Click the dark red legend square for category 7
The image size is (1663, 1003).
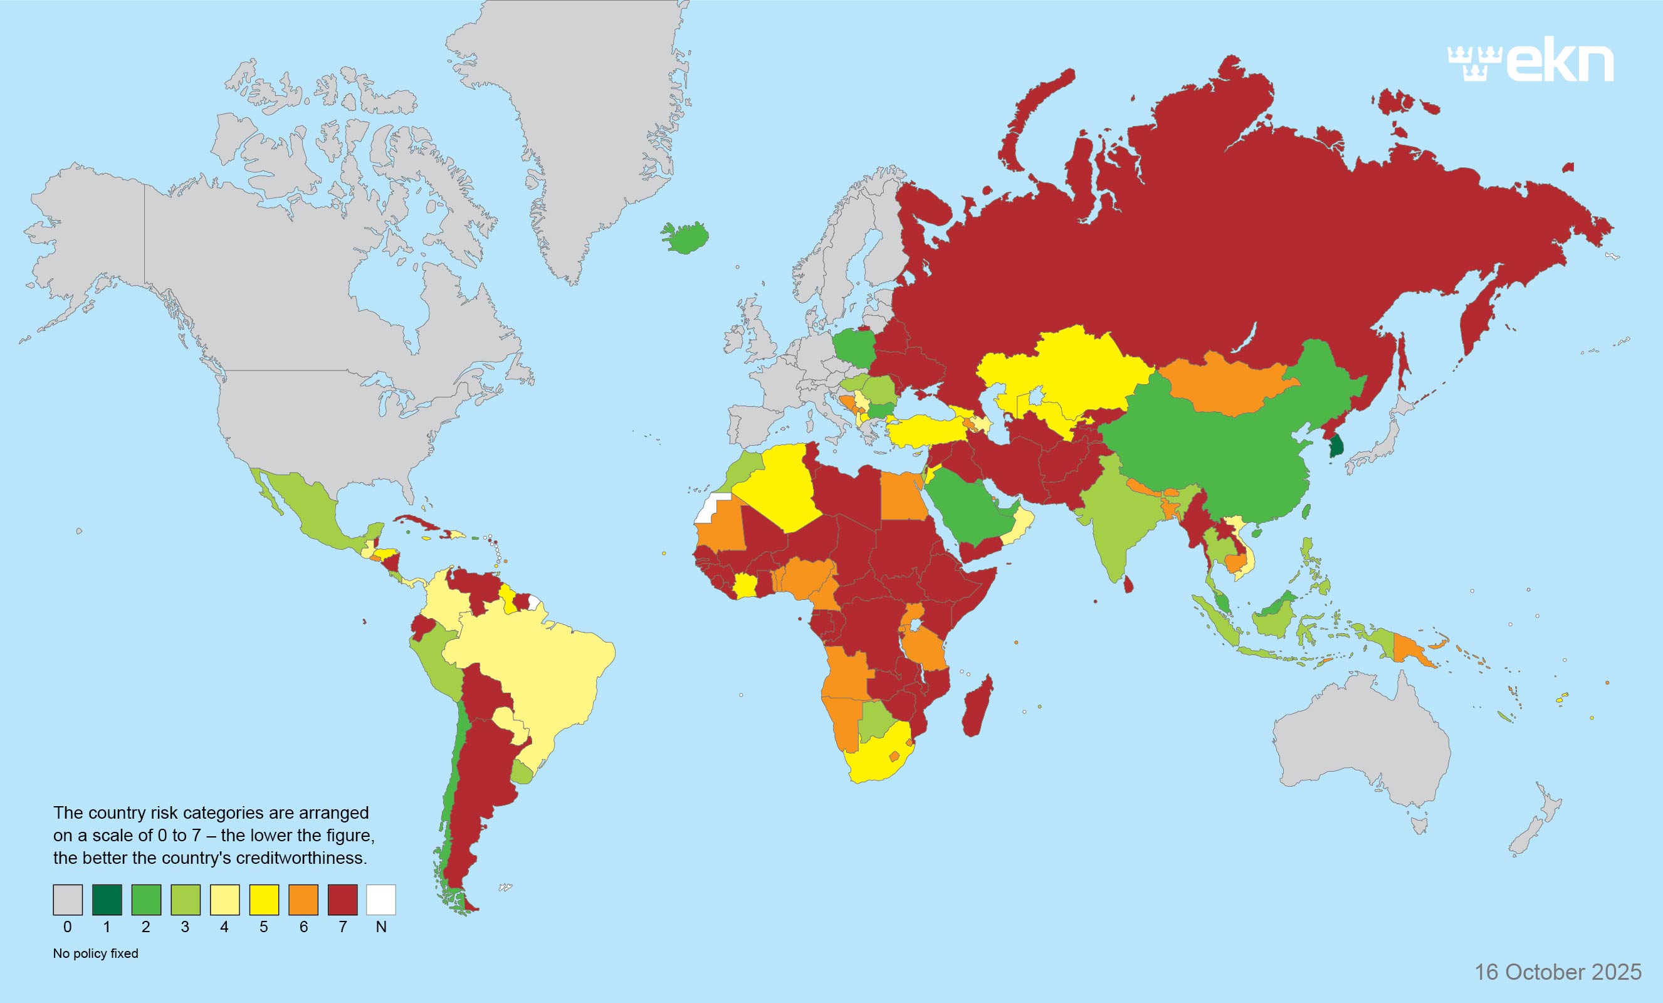[342, 900]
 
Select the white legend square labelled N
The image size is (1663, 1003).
[380, 900]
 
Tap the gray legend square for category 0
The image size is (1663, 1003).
[68, 900]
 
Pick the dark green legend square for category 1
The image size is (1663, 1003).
[107, 900]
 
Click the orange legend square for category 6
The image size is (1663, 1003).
[303, 900]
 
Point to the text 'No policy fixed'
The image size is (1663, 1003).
[95, 953]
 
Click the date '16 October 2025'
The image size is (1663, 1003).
[1558, 972]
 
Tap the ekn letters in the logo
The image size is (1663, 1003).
[1560, 63]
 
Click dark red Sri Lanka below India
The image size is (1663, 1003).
[1128, 582]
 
